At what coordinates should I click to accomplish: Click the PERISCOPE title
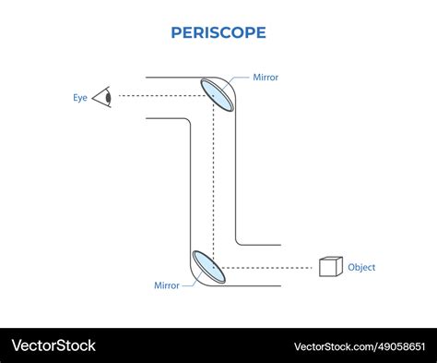(x=218, y=32)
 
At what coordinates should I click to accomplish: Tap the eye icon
(x=102, y=96)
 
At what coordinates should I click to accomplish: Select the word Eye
(x=80, y=97)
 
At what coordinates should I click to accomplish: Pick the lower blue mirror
(x=208, y=266)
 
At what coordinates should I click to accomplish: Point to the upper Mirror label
(x=266, y=78)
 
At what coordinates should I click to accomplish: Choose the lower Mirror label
(x=167, y=285)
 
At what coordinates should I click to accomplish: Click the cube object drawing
(x=330, y=267)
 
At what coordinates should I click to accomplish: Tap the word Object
(x=361, y=268)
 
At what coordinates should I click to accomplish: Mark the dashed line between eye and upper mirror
(x=157, y=95)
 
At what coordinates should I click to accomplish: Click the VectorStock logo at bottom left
(x=53, y=345)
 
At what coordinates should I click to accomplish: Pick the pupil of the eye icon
(x=108, y=96)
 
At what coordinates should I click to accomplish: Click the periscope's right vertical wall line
(x=235, y=175)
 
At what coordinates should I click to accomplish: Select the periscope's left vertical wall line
(x=191, y=185)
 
